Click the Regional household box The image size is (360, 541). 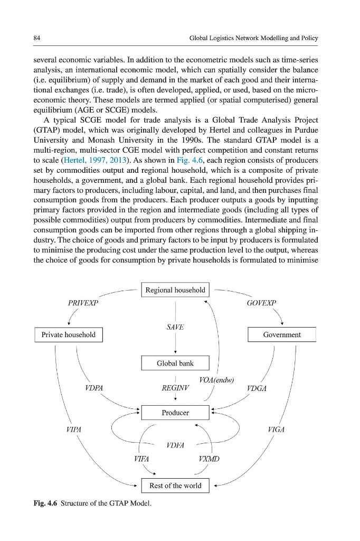175,290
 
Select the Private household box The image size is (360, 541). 69,334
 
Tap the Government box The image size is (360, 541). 282,334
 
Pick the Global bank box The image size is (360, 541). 175,363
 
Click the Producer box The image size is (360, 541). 175,412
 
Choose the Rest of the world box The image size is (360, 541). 175,486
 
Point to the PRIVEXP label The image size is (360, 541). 83,303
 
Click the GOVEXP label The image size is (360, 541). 262,303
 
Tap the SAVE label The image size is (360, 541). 175,327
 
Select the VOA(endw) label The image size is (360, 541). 217,380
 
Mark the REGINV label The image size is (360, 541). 175,388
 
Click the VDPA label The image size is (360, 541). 93,388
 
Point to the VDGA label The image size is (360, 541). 257,388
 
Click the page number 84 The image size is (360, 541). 36,39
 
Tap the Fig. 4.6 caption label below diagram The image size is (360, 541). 46,503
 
